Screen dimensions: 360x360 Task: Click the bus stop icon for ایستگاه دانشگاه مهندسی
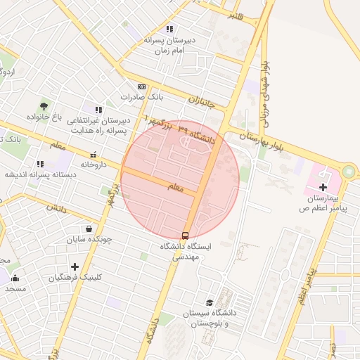(x=185, y=235)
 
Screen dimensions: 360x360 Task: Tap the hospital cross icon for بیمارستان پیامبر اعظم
(x=323, y=186)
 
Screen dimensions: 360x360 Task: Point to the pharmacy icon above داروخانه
(x=93, y=154)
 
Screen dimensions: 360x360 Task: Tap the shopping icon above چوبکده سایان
(x=89, y=229)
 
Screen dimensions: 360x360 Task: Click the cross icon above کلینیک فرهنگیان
(x=75, y=266)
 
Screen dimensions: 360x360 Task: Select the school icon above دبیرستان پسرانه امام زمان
(x=169, y=29)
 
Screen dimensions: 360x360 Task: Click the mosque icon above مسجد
(x=15, y=278)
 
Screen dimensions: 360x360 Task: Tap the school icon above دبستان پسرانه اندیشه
(x=40, y=163)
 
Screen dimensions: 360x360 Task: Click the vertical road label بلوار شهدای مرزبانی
(x=266, y=91)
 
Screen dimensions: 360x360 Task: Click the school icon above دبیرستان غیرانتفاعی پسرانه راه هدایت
(x=98, y=110)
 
